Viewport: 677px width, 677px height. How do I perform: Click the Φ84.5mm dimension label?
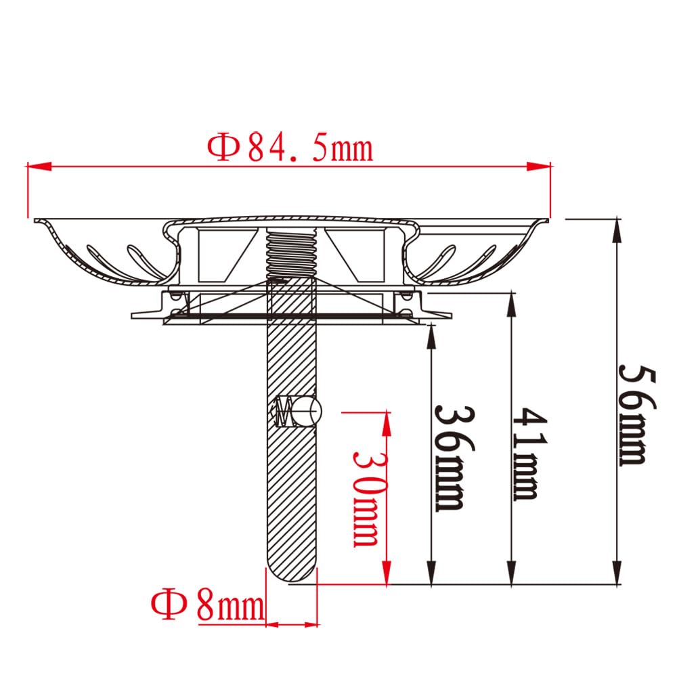pyautogui.click(x=290, y=148)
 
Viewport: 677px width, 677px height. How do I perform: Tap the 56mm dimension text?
pyautogui.click(x=637, y=415)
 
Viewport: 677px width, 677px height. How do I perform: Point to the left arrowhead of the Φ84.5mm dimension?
pyautogui.click(x=39, y=167)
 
